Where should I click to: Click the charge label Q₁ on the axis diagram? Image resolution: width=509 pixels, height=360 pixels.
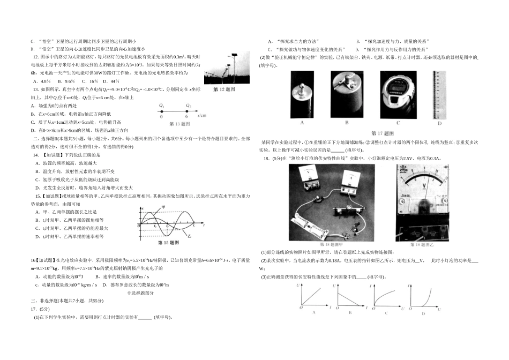pos(161,106)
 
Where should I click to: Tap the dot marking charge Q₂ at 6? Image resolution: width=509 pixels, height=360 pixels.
pos(187,111)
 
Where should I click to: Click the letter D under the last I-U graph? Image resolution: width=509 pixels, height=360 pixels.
pos(423,313)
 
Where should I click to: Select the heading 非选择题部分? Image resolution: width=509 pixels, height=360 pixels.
pos(140,292)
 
